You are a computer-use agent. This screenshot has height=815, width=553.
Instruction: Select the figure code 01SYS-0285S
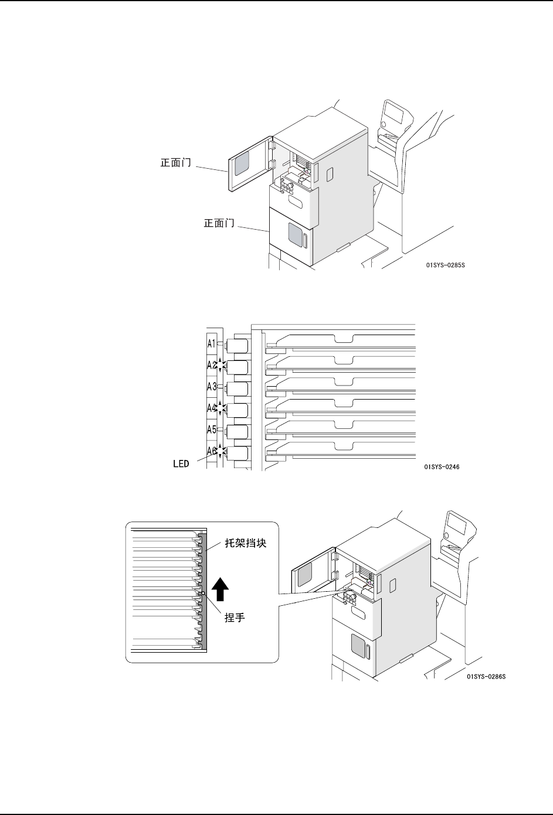tap(446, 265)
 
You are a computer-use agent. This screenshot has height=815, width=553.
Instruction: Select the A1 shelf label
tap(212, 344)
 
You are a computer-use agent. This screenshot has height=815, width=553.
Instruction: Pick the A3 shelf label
tap(212, 387)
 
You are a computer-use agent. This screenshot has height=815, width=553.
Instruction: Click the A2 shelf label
tap(212, 365)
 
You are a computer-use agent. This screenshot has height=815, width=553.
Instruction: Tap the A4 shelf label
tap(212, 408)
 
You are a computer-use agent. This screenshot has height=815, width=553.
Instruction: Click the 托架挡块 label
tap(246, 544)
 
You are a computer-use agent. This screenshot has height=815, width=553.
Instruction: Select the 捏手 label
tap(235, 618)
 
